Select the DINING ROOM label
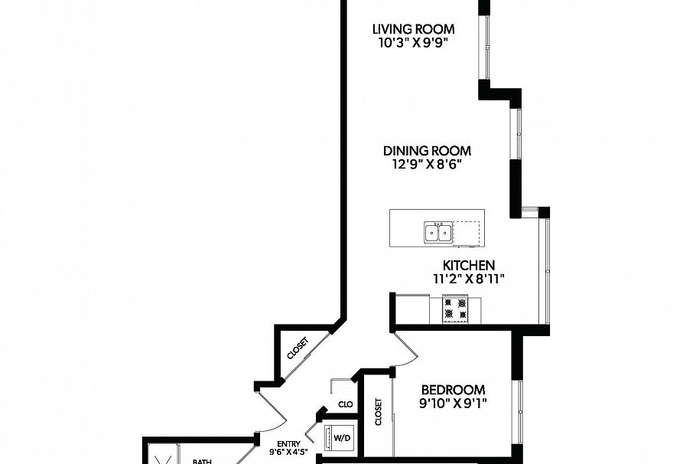pyautogui.click(x=427, y=151)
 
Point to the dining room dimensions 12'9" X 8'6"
pyautogui.click(x=427, y=165)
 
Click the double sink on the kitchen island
pyautogui.click(x=438, y=231)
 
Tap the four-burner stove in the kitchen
pyautogui.click(x=456, y=308)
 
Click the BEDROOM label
pyautogui.click(x=453, y=390)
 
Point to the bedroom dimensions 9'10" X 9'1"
pyautogui.click(x=453, y=404)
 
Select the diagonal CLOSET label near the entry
pyautogui.click(x=298, y=349)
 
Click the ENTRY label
pyautogui.click(x=288, y=443)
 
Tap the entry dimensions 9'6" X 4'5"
pyautogui.click(x=288, y=453)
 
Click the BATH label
pyautogui.click(x=202, y=460)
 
